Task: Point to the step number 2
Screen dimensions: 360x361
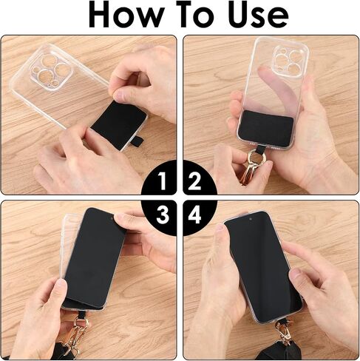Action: coord(194,181)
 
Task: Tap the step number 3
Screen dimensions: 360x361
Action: coord(163,215)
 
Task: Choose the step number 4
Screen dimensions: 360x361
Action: coord(194,215)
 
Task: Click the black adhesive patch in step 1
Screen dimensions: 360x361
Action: coord(119,125)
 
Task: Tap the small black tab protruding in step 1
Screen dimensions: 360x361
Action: coord(138,141)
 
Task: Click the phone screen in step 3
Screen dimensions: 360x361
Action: coord(95,257)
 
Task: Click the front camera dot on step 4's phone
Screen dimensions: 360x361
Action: coord(251,219)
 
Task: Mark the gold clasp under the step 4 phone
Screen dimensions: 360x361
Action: coord(285,331)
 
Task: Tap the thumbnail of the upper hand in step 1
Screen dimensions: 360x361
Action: coord(122,95)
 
